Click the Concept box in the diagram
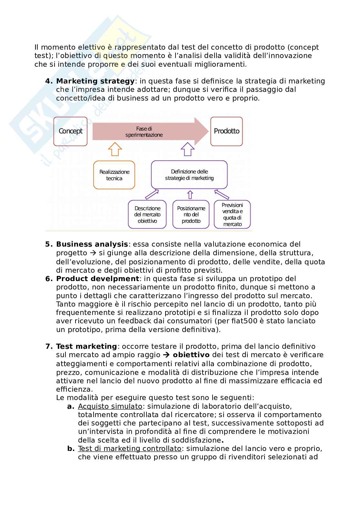70,131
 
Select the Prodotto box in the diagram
226,131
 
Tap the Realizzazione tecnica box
114,175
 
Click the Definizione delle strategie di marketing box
189,175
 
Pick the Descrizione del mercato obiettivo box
147,215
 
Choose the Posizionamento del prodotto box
191,215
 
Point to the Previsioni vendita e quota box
232,215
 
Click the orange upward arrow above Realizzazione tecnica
115,149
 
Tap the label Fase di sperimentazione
144,132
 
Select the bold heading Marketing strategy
95,81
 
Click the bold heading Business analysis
92,244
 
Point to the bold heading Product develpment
97,279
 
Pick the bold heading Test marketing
86,347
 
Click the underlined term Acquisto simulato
110,406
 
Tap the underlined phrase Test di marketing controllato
130,449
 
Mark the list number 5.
48,244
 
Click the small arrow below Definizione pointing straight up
190,195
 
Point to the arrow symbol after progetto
93,253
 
